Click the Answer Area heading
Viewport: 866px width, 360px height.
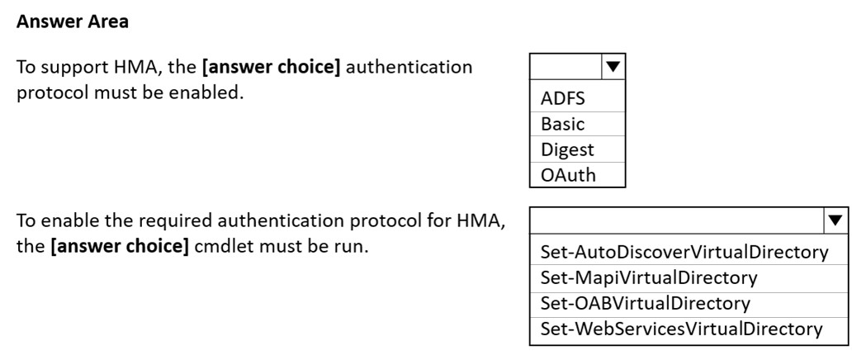(x=73, y=22)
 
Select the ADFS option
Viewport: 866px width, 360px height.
(x=562, y=99)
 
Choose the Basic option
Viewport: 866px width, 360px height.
(x=562, y=124)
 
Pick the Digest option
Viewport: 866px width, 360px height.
(x=567, y=150)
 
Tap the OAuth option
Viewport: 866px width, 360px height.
(x=568, y=175)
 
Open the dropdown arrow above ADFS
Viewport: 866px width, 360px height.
(x=613, y=68)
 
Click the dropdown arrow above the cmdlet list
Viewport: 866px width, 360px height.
(x=835, y=220)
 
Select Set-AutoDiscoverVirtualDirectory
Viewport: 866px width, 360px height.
(x=684, y=252)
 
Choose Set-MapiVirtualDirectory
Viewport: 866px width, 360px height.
(x=648, y=277)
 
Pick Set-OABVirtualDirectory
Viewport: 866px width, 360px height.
(x=645, y=303)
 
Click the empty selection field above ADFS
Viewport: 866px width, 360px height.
(x=566, y=68)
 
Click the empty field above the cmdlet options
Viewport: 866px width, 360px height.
(x=677, y=220)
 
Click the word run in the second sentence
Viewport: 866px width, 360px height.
(x=353, y=247)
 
